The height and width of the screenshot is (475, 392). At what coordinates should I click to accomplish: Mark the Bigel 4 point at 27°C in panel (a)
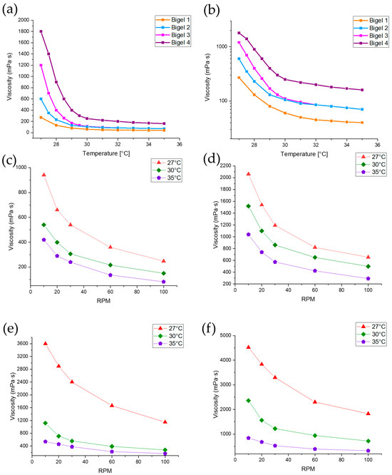[41, 31]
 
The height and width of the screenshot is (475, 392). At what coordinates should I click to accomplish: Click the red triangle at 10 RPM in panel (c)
[43, 175]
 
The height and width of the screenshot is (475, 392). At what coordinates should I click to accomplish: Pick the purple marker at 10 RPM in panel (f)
[248, 438]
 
